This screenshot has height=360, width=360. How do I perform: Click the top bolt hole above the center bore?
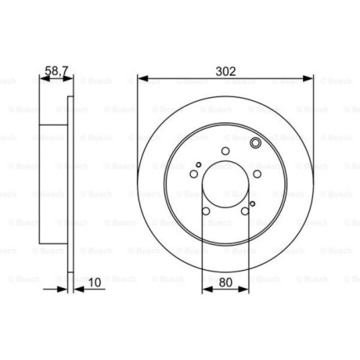pos(225,151)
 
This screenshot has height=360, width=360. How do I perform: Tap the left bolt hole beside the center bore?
pos(194,173)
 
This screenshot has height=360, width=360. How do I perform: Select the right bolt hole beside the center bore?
pos(257,173)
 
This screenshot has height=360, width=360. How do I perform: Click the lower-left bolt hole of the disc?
pos(206,211)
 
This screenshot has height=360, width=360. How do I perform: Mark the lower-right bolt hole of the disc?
pos(246,211)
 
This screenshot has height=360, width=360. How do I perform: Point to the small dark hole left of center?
pos(199,164)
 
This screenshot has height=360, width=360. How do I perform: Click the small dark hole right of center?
pos(252,204)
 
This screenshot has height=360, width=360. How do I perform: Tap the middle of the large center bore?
pos(225,184)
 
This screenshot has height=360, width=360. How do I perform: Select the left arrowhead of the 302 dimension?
pos(141,80)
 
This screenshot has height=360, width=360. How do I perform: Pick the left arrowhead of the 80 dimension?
pos(207,287)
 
